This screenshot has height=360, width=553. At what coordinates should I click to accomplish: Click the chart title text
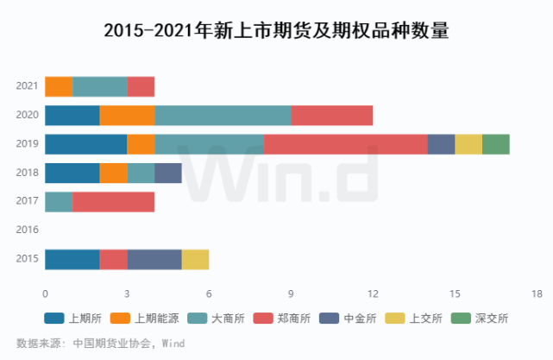point(276,31)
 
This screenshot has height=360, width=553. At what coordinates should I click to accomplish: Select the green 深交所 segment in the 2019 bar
point(496,144)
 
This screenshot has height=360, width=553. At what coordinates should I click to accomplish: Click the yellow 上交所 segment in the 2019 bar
point(468,144)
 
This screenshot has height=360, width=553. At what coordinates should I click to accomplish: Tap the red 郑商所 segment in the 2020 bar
point(332,116)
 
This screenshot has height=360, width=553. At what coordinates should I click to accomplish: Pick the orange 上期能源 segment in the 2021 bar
point(59,86)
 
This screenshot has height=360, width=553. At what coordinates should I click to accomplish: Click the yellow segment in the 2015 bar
point(195,259)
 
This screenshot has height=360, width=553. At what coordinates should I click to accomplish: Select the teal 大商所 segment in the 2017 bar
point(59,202)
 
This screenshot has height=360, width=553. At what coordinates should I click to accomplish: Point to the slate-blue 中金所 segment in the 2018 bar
point(168,173)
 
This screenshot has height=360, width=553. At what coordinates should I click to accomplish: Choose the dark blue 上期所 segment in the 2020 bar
point(72,116)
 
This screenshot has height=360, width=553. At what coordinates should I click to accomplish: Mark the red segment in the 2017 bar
point(113,202)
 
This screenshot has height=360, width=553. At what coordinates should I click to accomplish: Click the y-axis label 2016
point(27,231)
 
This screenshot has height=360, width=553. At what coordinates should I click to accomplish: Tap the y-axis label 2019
point(27,144)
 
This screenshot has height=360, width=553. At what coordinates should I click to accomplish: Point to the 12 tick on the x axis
point(373,294)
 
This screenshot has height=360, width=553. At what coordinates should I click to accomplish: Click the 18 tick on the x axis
point(537,294)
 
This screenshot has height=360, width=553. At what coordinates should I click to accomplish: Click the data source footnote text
point(101,343)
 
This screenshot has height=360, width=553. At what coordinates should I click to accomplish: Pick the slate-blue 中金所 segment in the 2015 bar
point(154,259)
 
